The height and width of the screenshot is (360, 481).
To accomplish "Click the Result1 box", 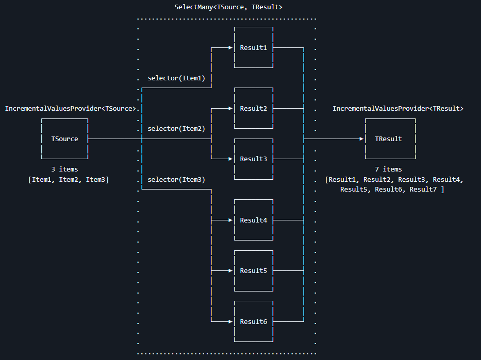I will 253,48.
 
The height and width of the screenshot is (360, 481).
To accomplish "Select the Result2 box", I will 253,109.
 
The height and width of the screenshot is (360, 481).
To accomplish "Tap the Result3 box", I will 253,159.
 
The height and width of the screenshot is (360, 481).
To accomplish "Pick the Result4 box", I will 253,220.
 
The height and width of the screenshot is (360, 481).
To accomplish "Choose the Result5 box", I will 253,271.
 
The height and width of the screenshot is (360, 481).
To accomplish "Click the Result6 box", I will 253,321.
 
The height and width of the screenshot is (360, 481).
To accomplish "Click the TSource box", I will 64,139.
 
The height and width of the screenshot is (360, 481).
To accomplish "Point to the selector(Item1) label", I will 176,78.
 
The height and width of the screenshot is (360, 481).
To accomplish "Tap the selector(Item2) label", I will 176,129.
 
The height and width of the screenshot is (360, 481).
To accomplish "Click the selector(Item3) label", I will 176,179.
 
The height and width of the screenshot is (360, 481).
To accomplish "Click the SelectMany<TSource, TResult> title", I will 228,7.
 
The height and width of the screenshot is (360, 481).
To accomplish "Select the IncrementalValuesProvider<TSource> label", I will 71,109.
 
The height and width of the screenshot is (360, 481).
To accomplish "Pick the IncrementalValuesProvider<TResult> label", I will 398,109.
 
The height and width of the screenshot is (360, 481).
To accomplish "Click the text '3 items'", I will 64,169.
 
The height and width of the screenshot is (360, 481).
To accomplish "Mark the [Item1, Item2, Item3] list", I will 69,179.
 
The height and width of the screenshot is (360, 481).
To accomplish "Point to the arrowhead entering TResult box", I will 362,139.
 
